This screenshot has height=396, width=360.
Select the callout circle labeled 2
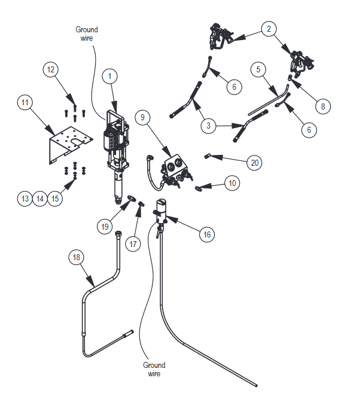click(x=269, y=28)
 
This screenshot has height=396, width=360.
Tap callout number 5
click(x=258, y=70)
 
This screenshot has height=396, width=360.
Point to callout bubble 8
click(x=323, y=106)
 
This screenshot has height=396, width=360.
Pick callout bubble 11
click(x=25, y=102)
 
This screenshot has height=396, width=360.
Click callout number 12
click(x=51, y=69)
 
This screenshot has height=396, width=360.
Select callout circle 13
click(x=25, y=199)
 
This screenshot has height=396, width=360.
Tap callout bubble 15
click(x=55, y=199)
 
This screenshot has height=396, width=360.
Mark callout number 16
click(x=207, y=235)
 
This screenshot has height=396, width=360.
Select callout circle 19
click(x=105, y=227)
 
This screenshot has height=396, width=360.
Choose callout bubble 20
click(x=254, y=162)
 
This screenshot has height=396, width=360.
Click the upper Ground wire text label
click(x=87, y=33)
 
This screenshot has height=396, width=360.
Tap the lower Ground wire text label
click(x=154, y=369)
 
